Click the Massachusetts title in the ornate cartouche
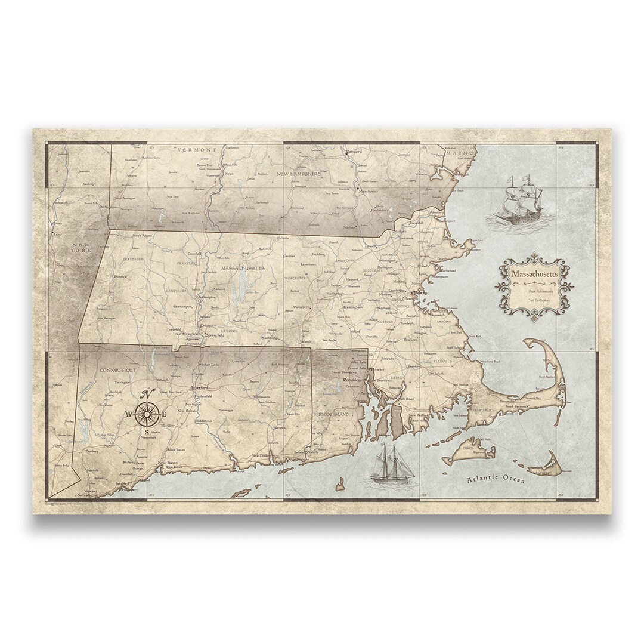point(534,273)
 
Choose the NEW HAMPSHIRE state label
point(298,174)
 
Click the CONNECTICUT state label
point(118,370)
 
